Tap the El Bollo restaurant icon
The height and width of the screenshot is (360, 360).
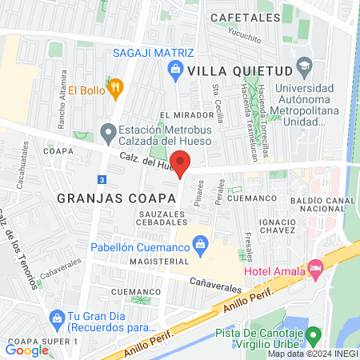click(114, 88)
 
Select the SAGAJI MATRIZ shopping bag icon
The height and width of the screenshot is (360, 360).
click(177, 70)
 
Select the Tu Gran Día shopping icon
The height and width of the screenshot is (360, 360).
click(57, 320)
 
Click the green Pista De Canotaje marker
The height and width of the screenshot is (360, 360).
click(314, 334)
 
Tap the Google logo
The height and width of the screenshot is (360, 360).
click(27, 350)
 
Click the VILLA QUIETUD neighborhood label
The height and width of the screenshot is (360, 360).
click(238, 70)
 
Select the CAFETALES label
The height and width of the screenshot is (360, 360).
click(238, 16)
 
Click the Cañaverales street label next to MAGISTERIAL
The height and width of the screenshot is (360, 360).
click(216, 282)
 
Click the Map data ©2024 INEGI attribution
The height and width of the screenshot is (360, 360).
click(312, 354)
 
